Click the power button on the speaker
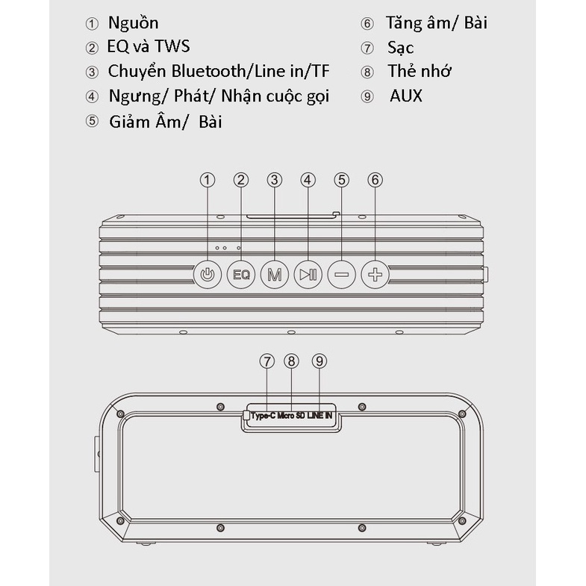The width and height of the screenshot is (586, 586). coord(208,275)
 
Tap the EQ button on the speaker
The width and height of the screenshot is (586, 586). coord(240,275)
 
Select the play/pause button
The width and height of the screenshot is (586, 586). coord(308,275)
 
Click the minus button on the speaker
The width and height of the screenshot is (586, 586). coord(342,275)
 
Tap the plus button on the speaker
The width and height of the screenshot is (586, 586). coord(375,275)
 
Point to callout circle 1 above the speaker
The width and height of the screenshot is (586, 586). coord(208,180)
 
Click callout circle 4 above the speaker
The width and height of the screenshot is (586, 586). coord(308,180)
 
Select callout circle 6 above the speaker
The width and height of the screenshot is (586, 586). coord(375,180)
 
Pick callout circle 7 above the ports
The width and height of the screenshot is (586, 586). coord(267,361)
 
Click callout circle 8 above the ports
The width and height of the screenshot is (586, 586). coord(292,361)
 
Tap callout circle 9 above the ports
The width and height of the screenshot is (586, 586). coord(320,361)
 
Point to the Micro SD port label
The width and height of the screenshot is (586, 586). coord(291,415)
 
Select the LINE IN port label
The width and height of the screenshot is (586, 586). coord(320,415)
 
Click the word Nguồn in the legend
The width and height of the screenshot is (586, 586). coord(133,23)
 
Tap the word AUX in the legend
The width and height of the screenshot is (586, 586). coord(405,96)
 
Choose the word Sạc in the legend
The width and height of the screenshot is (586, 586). coord(401,48)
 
